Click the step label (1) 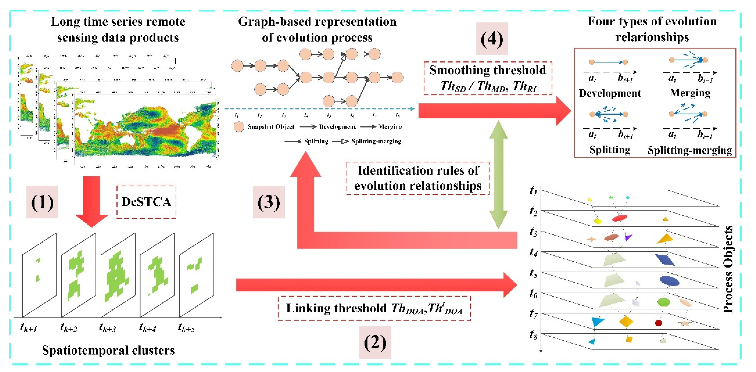click(x=42, y=202)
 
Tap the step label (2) click(x=375, y=342)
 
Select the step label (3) click(x=269, y=202)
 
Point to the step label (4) click(x=492, y=39)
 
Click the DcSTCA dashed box click(x=146, y=202)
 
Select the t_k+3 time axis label click(x=107, y=327)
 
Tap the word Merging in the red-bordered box click(x=690, y=93)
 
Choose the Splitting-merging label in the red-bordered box click(x=690, y=150)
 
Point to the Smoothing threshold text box click(x=488, y=78)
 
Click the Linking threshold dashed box click(x=374, y=308)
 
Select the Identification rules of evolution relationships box click(x=418, y=178)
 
